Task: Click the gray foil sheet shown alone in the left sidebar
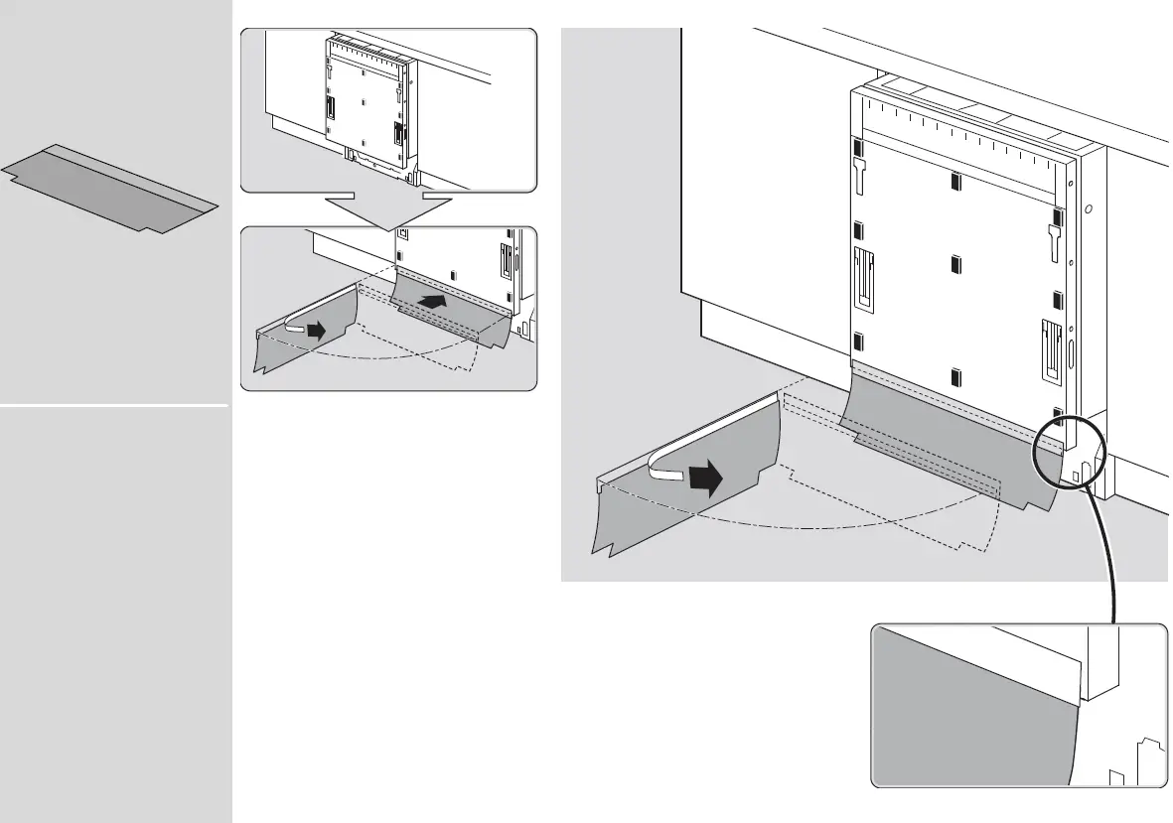pos(109,190)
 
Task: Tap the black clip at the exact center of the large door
pos(955,263)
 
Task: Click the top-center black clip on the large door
pos(955,182)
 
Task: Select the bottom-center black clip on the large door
pos(955,376)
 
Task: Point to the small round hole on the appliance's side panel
pos(1089,210)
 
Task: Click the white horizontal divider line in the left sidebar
pos(114,405)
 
